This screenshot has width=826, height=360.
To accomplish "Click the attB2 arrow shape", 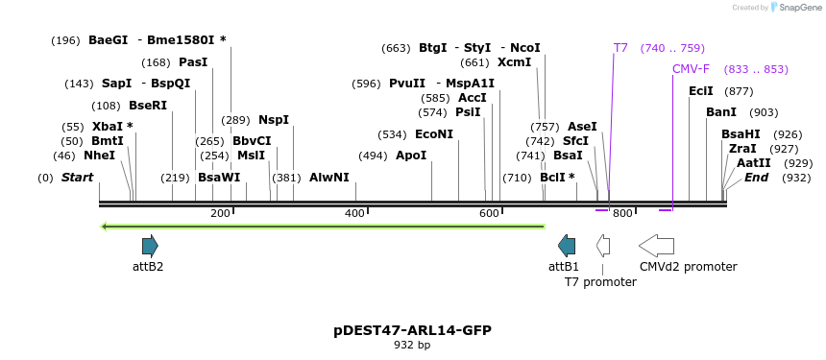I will tap(150, 246).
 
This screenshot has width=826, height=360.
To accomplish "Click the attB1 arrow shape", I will tap(567, 246).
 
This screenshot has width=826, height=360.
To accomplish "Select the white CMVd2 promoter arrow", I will tap(656, 246).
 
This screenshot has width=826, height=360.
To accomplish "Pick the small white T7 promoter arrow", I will tap(602, 246).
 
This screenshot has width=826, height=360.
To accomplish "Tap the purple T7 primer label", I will tap(620, 47).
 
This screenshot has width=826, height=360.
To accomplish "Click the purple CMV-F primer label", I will tap(691, 69).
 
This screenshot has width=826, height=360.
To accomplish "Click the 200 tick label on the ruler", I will tap(220, 213).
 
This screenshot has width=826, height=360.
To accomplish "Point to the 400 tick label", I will tap(354, 213).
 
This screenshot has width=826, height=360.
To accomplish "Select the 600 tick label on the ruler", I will tap(489, 213).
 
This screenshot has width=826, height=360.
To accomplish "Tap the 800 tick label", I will tap(622, 213).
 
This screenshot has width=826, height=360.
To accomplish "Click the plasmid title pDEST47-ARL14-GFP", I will tap(412, 330).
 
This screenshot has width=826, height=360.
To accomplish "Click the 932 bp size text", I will tap(412, 345).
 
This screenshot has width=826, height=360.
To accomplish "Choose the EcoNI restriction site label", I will tap(434, 134).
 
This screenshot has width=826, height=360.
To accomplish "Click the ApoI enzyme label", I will tap(411, 156).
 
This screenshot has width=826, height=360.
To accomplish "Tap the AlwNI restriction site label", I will tap(329, 178).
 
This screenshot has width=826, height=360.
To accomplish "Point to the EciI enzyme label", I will tap(701, 91).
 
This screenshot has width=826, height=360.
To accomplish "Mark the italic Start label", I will tap(77, 178).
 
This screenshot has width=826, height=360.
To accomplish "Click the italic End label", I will tap(756, 178).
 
